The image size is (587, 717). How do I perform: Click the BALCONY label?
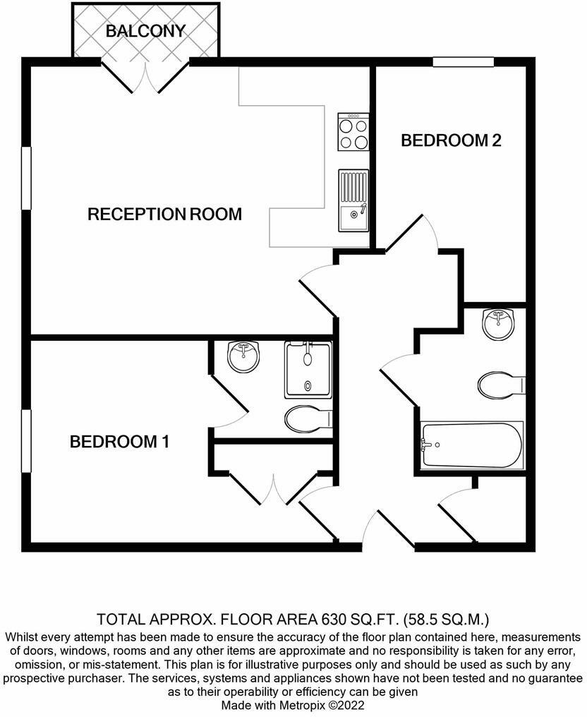pyautogui.click(x=145, y=31)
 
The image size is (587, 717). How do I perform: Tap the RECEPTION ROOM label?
pyautogui.click(x=164, y=214)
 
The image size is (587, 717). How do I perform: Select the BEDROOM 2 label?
pyautogui.click(x=451, y=140)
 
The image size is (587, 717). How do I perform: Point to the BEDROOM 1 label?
pyautogui.click(x=119, y=442)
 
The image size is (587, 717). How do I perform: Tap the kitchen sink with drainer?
pyautogui.click(x=353, y=200)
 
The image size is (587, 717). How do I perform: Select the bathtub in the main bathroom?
pyautogui.click(x=472, y=445)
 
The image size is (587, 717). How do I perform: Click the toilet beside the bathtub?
pyautogui.click(x=500, y=385)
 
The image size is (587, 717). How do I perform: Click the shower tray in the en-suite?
pyautogui.click(x=308, y=369)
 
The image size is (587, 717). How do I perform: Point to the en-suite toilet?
pyautogui.click(x=308, y=419)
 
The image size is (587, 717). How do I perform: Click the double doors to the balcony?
pyautogui.click(x=145, y=77)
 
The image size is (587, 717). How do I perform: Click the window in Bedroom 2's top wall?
pyautogui.click(x=463, y=62)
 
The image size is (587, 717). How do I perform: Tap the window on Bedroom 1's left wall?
pyautogui.click(x=26, y=441)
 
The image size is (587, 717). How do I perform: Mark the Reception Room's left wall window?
pyautogui.click(x=26, y=178)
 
